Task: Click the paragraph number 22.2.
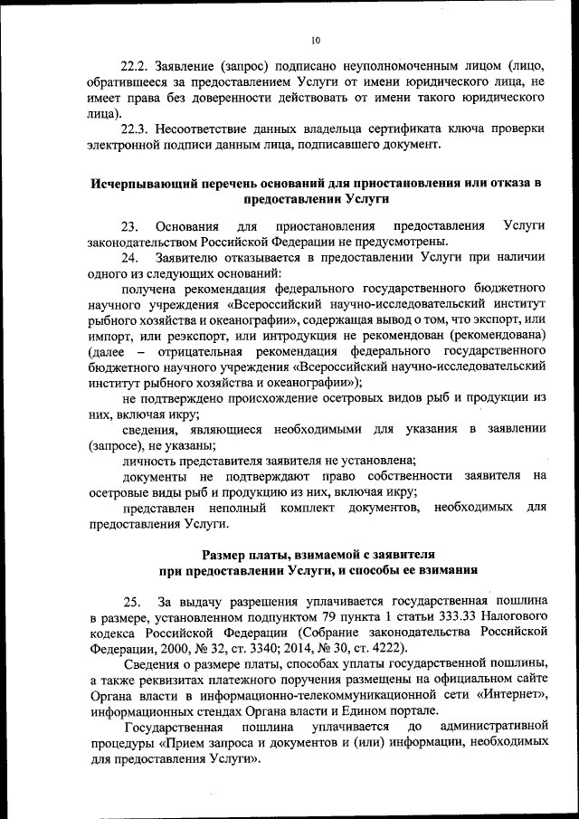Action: [136, 65]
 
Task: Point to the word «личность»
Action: [152, 461]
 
